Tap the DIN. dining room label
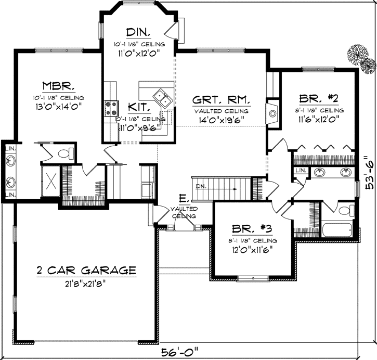click(137, 32)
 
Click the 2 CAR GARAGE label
click(86, 271)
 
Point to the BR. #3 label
click(247, 228)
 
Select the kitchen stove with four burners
click(111, 108)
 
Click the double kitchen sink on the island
click(159, 96)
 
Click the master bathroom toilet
click(64, 153)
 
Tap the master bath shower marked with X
click(51, 179)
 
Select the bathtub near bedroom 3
click(340, 228)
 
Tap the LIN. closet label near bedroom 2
click(300, 171)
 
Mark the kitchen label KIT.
click(139, 108)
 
